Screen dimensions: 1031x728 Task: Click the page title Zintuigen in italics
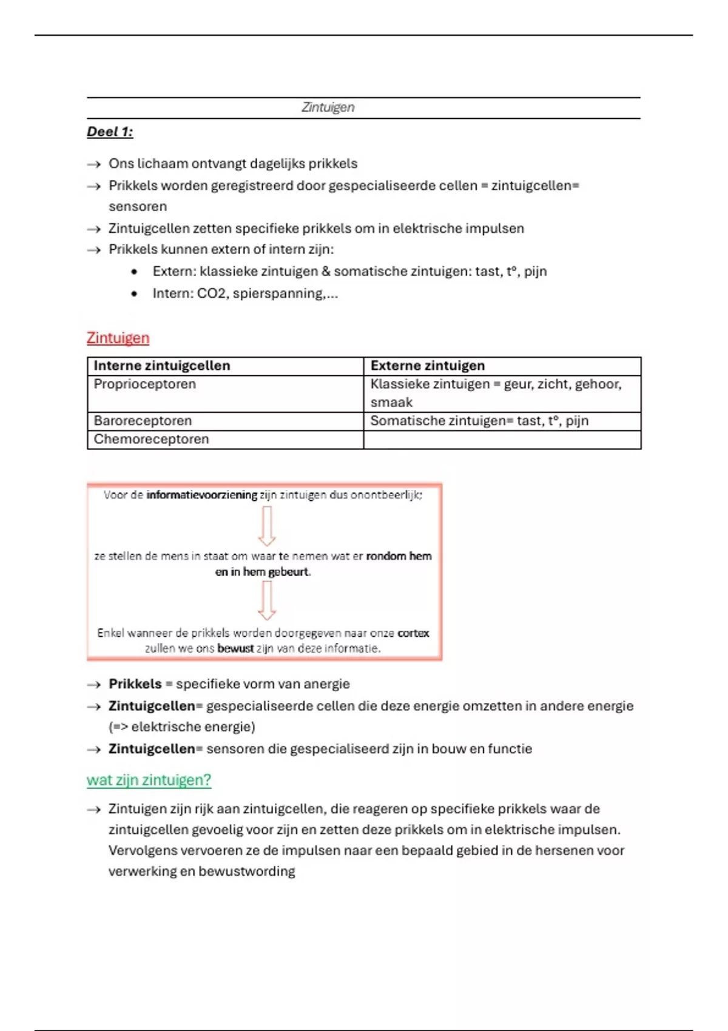[328, 107]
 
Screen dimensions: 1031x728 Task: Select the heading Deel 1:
[110, 132]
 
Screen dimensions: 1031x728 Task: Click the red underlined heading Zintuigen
[118, 338]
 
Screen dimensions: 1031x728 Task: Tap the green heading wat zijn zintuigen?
[149, 780]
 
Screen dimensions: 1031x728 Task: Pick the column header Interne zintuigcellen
[161, 366]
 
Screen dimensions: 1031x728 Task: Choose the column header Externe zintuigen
[427, 366]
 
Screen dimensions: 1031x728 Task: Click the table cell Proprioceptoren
[144, 384]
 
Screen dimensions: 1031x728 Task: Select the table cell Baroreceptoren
[143, 421]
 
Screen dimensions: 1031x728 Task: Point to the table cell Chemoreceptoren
[151, 439]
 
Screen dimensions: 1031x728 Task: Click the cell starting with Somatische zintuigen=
[479, 421]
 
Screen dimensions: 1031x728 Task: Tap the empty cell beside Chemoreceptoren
[502, 440]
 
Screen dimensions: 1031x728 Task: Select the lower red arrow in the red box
[267, 600]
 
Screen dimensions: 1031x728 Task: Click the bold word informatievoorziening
[202, 495]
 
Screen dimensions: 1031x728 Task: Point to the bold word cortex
[413, 633]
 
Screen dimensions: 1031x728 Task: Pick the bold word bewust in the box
[235, 648]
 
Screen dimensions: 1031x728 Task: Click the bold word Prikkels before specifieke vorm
[135, 684]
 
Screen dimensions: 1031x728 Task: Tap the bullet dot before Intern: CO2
[134, 294]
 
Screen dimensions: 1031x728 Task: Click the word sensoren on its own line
[138, 207]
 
